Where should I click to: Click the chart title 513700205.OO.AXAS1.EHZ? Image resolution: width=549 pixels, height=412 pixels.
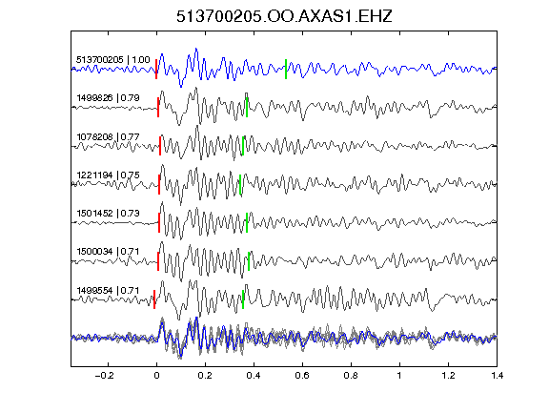284,16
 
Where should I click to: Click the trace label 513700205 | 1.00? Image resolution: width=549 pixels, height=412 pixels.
113,60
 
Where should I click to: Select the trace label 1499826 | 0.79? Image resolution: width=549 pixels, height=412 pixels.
109,97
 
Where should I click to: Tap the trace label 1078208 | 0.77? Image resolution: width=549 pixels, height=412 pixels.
109,136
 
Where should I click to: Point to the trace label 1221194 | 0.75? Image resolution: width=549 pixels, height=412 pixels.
109,175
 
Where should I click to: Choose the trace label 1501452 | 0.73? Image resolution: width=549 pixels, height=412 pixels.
109,213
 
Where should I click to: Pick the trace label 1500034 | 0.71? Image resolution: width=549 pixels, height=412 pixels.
109,252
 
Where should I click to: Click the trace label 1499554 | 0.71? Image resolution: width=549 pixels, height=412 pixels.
109,291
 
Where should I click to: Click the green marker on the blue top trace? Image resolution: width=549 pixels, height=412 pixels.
286,69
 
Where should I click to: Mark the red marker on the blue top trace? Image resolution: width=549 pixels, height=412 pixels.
156,69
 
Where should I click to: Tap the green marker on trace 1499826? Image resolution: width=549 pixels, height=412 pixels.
247,107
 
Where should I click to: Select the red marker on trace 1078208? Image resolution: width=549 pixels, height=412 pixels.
160,146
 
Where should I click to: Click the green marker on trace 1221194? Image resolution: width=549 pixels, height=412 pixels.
240,184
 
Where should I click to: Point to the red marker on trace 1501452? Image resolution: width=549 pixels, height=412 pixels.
159,222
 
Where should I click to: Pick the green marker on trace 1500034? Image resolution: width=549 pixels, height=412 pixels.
249,261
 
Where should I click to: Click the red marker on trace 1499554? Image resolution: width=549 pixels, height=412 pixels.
154,299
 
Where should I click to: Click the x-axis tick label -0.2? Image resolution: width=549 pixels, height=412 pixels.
105,376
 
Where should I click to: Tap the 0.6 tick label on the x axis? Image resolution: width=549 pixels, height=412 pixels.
302,376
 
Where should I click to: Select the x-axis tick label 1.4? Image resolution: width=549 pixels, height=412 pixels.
498,376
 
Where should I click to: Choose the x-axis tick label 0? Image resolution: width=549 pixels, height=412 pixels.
156,376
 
